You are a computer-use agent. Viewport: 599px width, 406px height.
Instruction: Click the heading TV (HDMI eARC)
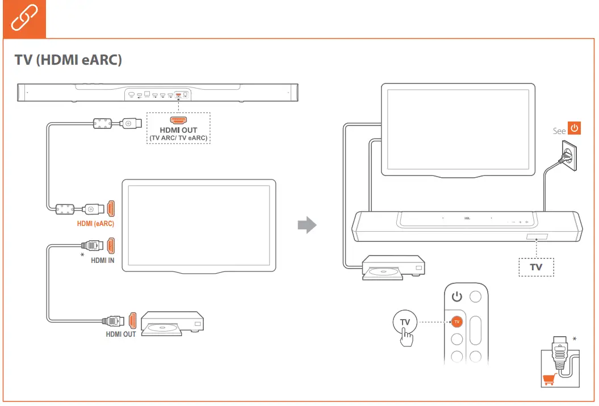68,60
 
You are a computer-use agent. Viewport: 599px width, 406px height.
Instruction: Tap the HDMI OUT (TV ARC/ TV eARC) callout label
178,134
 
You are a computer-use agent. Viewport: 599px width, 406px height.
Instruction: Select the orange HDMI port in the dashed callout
178,120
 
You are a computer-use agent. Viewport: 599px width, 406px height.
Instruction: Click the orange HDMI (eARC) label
95,224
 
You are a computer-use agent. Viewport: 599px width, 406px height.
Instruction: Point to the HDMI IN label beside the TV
103,261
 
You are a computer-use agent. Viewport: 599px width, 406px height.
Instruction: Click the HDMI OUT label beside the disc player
120,334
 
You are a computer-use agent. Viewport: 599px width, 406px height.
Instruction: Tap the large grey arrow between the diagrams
307,225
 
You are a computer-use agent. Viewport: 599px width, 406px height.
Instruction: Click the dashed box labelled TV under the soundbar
536,267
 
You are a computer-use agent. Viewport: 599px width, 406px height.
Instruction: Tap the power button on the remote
458,296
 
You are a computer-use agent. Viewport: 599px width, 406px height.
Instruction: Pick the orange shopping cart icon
549,380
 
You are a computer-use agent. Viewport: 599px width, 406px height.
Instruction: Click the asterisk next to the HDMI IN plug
82,256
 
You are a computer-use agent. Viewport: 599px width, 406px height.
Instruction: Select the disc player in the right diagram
393,267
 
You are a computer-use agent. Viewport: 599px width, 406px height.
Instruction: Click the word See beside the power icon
559,131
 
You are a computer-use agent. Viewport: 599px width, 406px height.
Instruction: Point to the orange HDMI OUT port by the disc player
133,320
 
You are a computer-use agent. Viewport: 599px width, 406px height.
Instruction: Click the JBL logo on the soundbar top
467,217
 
